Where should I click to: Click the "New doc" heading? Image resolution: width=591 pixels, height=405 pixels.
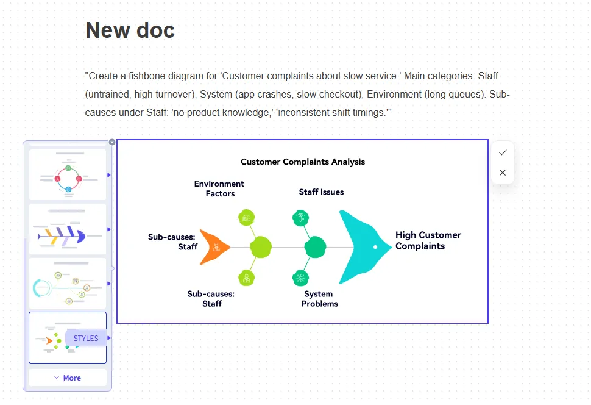130,30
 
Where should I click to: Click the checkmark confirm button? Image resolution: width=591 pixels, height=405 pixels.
503,152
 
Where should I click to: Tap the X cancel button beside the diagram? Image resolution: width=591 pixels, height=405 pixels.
503,173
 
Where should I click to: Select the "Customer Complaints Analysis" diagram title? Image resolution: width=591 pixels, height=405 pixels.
303,162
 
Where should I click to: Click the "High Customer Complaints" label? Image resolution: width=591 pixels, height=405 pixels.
428,240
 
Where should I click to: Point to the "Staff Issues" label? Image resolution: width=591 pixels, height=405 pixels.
321,192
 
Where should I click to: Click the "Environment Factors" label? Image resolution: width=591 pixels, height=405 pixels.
219,188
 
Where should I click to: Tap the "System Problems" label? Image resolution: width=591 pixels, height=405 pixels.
319,298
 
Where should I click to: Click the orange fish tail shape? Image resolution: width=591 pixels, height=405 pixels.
214,247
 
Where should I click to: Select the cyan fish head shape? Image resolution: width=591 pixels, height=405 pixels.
363,247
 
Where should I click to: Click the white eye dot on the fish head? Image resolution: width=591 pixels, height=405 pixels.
375,247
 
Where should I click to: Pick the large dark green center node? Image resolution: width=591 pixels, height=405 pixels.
315,247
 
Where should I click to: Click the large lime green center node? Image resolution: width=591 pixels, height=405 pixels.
260,247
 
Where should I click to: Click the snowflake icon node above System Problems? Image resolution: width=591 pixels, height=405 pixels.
300,278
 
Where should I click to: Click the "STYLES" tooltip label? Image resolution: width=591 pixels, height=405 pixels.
86,339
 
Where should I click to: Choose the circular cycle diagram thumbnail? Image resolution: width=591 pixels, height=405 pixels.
68,174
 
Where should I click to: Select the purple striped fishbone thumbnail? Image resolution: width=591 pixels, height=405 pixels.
68,229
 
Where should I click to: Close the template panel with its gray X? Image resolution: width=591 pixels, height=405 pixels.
112,142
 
